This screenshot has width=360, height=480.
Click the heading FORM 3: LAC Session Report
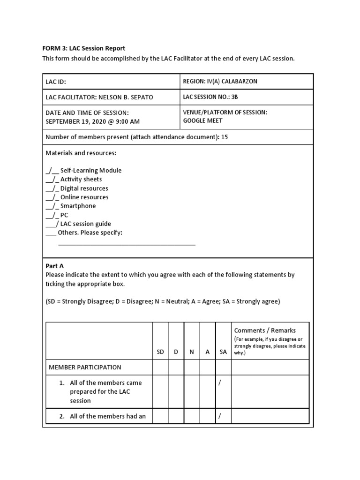tap(84, 48)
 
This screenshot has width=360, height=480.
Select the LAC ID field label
tap(56, 82)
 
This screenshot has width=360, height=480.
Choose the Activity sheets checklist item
tap(81, 180)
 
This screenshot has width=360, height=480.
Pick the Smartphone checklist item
tap(78, 206)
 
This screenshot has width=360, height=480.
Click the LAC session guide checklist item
tap(85, 224)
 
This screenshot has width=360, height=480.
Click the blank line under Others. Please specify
tap(127, 244)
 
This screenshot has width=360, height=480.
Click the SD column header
tap(160, 352)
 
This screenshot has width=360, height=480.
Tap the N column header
tap(192, 352)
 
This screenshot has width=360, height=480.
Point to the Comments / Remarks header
tap(265, 330)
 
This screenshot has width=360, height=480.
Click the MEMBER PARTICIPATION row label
tap(85, 367)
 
